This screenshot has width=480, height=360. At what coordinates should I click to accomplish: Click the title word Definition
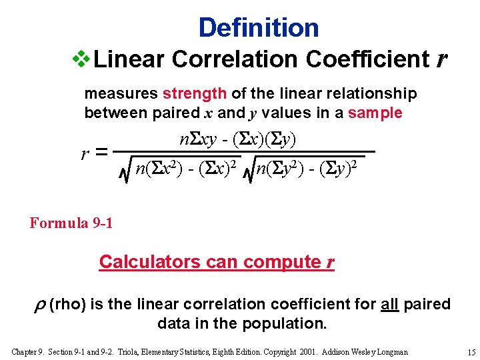(x=259, y=27)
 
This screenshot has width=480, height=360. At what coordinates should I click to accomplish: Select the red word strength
(x=195, y=93)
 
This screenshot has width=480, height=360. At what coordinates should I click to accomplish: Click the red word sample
(x=375, y=113)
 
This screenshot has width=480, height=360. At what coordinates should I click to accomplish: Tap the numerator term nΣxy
(x=197, y=139)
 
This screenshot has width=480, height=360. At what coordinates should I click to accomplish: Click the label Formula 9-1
(x=71, y=223)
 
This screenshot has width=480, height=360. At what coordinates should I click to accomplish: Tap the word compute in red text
(x=281, y=261)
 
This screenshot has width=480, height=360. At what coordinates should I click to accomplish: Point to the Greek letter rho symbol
(x=37, y=305)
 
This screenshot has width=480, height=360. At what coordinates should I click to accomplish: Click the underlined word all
(x=390, y=304)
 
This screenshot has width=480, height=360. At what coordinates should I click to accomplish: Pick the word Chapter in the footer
(x=24, y=351)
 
